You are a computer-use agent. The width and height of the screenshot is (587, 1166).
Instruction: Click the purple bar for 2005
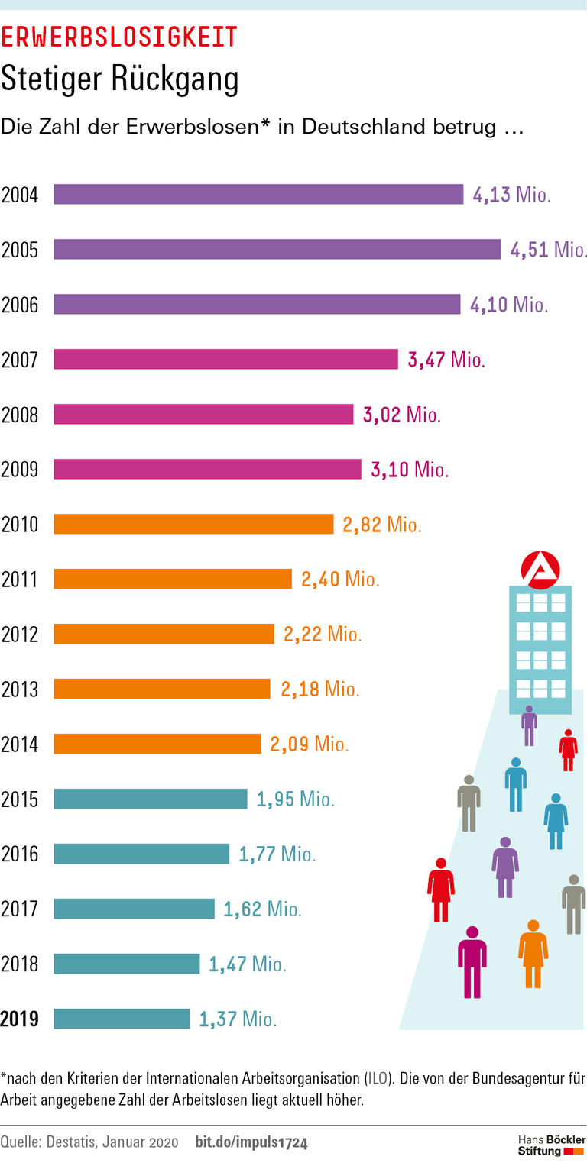(277, 250)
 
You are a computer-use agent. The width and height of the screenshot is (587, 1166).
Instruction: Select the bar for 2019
(122, 1019)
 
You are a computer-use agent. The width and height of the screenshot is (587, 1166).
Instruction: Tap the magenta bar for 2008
(203, 415)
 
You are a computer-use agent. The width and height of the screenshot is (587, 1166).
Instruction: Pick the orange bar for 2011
(173, 580)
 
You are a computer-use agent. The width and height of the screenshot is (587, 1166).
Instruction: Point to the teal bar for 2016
(141, 854)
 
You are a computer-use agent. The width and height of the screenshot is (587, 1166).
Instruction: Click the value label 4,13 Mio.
(511, 195)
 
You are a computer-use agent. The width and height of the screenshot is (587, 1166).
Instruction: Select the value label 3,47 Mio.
(446, 360)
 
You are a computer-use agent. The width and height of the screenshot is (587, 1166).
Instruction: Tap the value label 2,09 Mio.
(309, 744)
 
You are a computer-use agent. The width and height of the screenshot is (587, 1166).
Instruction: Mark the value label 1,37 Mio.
(238, 1019)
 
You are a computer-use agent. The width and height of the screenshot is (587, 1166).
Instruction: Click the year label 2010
(20, 525)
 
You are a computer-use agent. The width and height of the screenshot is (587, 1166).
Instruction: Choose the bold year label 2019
(20, 1019)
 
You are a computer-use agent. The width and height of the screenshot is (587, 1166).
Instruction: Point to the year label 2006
(20, 305)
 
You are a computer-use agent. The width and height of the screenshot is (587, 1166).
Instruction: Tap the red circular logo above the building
(540, 570)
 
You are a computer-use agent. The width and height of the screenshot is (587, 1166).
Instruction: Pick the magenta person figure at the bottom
(472, 961)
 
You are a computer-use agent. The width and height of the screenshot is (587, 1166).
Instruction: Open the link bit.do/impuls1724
(251, 1142)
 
